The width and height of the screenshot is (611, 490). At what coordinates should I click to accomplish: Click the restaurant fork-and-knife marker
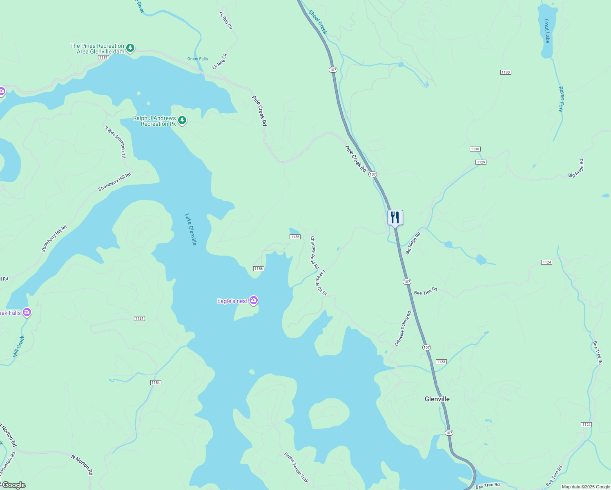395,217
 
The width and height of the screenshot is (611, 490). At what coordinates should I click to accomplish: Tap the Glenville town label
437,399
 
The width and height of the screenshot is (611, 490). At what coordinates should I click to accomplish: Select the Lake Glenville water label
191,229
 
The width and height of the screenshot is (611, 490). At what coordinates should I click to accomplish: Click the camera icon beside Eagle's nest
254,301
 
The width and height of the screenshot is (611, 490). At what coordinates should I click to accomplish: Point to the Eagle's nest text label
232,301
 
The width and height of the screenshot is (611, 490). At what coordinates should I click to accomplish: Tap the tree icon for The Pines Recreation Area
130,48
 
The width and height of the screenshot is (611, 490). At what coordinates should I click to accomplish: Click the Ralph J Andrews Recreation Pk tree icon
182,120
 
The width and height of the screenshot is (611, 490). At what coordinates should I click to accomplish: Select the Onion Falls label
198,59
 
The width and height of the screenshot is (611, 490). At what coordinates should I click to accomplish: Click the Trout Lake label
547,30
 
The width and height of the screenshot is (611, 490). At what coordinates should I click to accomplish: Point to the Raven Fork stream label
561,99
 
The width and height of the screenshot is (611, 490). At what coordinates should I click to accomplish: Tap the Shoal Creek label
318,22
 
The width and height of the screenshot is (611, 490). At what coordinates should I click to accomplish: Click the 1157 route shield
103,58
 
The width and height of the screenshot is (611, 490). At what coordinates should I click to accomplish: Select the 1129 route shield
481,162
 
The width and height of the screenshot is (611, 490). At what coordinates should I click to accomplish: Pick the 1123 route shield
441,362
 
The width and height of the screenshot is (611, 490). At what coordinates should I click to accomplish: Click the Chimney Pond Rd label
314,253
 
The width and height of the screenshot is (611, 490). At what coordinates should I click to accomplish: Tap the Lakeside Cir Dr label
322,283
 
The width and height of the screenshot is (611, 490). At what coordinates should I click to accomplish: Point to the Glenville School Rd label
403,329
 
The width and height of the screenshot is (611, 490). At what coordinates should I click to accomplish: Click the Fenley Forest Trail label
296,466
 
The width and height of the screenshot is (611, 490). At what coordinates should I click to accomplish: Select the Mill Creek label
19,346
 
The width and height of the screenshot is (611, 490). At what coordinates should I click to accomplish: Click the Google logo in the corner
13,485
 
